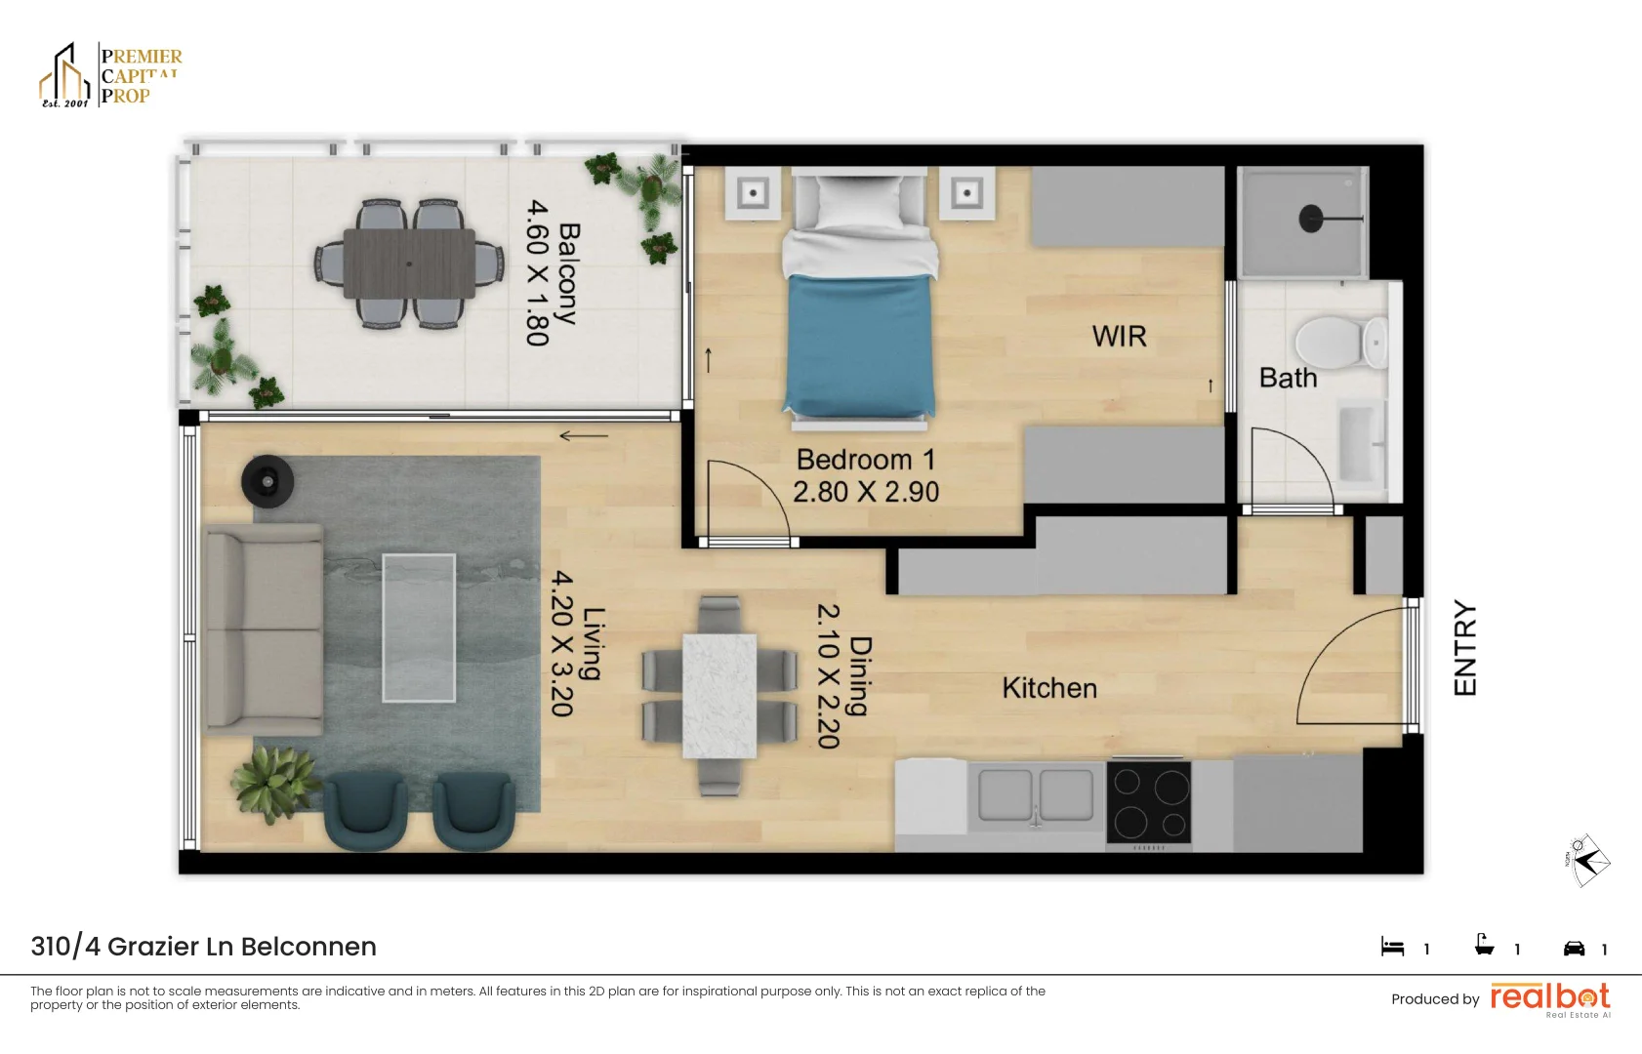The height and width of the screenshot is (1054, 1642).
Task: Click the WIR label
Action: (x=1119, y=337)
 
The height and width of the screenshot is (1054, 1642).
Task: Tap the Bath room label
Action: (x=1288, y=378)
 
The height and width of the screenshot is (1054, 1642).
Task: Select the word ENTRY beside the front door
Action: (x=1465, y=647)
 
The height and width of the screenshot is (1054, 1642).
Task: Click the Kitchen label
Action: (x=1049, y=688)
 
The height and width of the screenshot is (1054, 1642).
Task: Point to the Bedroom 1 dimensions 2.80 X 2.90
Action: (x=866, y=492)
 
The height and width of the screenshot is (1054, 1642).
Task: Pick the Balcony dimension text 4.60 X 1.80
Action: (x=537, y=273)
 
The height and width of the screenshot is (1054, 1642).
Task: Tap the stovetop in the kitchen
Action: (x=1149, y=802)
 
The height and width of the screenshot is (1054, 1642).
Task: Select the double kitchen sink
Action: (x=1036, y=795)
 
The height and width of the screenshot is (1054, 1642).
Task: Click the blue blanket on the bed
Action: (x=859, y=344)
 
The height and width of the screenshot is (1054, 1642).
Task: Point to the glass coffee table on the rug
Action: (x=419, y=628)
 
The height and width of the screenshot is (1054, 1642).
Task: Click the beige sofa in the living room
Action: (x=264, y=629)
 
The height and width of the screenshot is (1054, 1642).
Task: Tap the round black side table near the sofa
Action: (x=267, y=480)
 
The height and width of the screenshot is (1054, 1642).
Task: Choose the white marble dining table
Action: (x=719, y=695)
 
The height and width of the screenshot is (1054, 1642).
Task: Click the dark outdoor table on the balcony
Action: (x=409, y=263)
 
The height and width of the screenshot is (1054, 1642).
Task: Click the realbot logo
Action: (x=1550, y=998)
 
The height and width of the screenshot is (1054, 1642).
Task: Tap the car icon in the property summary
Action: (x=1574, y=948)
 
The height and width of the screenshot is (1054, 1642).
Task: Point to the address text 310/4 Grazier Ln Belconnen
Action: (x=203, y=947)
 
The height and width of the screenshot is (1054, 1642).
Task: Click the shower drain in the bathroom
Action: (x=1311, y=219)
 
